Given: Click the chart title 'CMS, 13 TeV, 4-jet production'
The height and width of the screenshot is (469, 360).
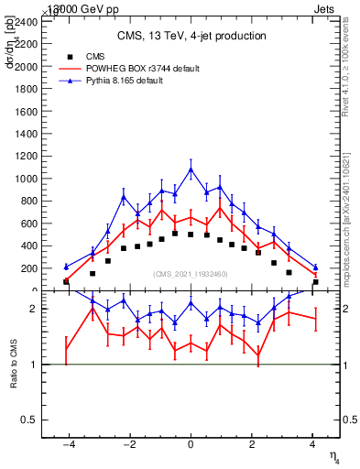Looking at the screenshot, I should pos(191,37).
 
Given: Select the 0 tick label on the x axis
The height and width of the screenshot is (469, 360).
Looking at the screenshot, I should pos(191,444).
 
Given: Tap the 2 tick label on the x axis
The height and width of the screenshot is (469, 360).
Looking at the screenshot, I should pos(252,444).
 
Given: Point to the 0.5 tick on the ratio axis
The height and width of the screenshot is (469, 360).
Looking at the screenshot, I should pos(29,420).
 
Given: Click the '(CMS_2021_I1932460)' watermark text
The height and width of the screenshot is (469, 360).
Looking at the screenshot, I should pos(191,274).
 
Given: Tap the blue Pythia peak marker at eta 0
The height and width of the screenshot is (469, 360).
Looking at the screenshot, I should pos(191,169).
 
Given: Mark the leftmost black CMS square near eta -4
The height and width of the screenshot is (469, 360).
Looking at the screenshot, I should pos(66,282).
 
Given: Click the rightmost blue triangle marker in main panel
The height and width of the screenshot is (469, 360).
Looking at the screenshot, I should pos(315,267).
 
